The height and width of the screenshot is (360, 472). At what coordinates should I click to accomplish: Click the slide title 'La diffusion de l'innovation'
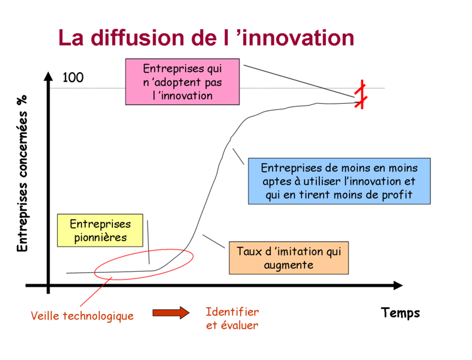pyautogui.click(x=206, y=38)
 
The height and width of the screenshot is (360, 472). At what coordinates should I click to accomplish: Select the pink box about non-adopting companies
pyautogui.click(x=183, y=82)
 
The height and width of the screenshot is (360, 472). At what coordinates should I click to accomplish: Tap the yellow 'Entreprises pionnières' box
pyautogui.click(x=100, y=230)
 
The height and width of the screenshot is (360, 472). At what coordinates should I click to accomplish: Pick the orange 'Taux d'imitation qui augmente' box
pyautogui.click(x=289, y=258)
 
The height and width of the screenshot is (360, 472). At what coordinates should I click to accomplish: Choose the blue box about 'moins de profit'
pyautogui.click(x=339, y=181)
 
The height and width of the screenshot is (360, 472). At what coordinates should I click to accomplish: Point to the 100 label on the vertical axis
pyautogui.click(x=73, y=77)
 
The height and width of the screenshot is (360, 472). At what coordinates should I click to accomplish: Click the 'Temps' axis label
pyautogui.click(x=401, y=313)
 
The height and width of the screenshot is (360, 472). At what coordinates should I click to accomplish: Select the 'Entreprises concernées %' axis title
pyautogui.click(x=22, y=173)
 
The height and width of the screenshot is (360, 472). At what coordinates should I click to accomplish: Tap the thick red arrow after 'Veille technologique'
pyautogui.click(x=171, y=313)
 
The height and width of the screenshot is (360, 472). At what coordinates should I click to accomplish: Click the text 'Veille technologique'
pyautogui.click(x=82, y=316)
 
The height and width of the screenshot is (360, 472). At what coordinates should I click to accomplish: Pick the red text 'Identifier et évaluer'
pyautogui.click(x=232, y=319)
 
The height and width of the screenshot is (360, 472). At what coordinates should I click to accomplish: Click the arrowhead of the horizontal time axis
pyautogui.click(x=398, y=286)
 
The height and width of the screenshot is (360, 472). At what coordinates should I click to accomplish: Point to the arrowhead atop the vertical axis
pyautogui.click(x=48, y=76)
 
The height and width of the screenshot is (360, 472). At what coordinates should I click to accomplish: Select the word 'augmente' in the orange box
pyautogui.click(x=289, y=265)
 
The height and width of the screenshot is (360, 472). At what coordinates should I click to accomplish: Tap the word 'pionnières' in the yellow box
pyautogui.click(x=100, y=238)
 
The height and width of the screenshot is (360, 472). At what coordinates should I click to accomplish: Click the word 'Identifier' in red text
pyautogui.click(x=232, y=312)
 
